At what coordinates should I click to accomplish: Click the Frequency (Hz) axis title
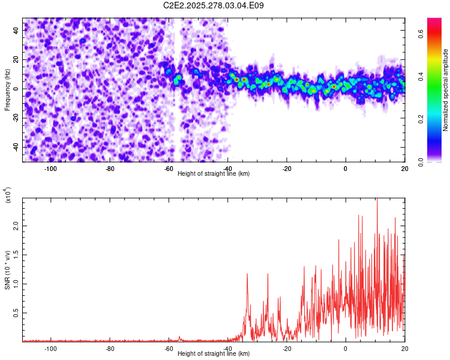tap(7, 90)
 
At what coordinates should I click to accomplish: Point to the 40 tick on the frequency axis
tap(17, 29)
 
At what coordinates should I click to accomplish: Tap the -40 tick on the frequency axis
tap(17, 148)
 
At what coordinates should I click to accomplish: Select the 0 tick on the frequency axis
tap(17, 89)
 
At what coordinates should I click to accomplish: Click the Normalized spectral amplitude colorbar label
tap(446, 90)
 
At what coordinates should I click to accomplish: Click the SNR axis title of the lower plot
tap(7, 270)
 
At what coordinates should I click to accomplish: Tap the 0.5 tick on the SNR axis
tap(17, 313)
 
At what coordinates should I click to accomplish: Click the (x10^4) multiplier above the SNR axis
tap(7, 194)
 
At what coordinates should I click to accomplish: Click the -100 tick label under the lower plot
tap(50, 348)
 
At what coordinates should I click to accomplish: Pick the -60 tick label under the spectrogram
tap(169, 168)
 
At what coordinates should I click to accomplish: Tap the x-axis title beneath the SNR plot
tap(214, 354)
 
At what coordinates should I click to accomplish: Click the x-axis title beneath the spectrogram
tap(214, 173)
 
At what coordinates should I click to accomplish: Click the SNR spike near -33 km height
tap(247, 274)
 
